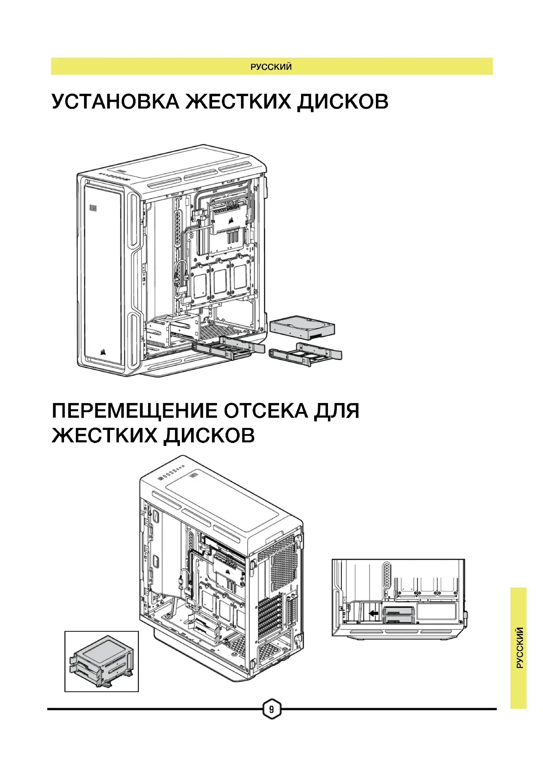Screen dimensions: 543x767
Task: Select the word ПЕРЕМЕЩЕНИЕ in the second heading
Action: (x=134, y=411)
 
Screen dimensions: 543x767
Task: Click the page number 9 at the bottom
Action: (x=271, y=709)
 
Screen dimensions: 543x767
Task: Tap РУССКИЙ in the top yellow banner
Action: (x=271, y=67)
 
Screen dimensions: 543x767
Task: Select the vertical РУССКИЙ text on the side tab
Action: (x=519, y=648)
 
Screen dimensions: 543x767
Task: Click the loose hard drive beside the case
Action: (x=302, y=327)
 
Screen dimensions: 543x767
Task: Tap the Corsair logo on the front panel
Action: (x=104, y=352)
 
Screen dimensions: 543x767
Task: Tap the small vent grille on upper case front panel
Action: (x=93, y=208)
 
